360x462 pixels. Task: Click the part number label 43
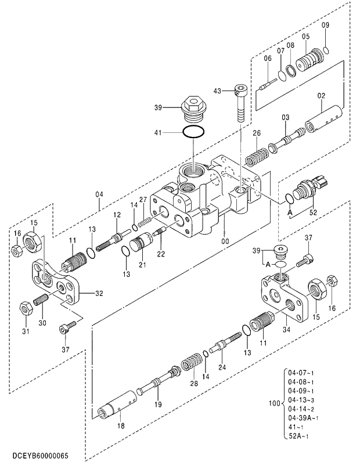pos(217,91)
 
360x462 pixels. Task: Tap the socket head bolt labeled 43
pos(241,102)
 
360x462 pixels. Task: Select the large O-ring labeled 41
pos(193,132)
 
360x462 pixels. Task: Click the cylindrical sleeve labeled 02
pos(321,118)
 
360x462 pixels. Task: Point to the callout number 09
pos(325,25)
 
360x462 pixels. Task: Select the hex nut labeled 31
pos(25,307)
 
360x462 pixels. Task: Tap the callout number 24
pos(222,366)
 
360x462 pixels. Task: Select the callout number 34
pos(286,330)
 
